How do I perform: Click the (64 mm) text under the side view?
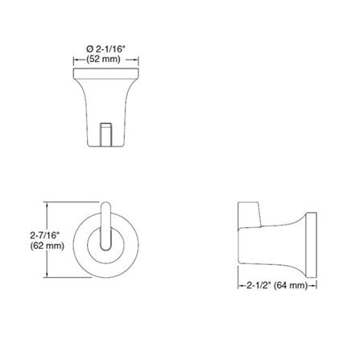tap(293, 285)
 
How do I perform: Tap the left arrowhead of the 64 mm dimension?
tap(239, 285)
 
